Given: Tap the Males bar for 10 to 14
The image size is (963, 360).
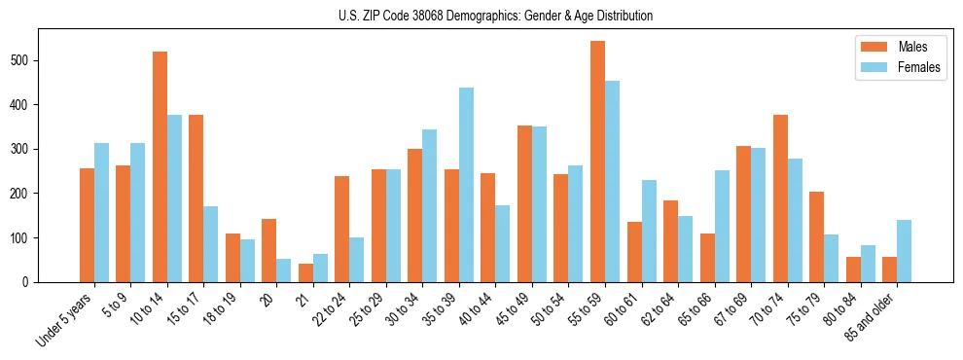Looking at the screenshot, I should pos(160,166).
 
